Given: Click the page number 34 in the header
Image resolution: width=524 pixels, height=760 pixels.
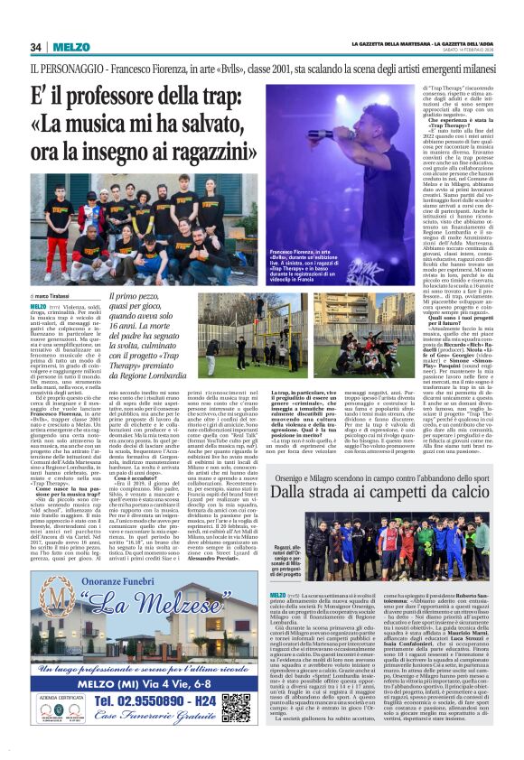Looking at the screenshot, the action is click(x=36, y=47).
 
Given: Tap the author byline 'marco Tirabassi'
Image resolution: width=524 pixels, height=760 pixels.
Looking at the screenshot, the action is click(x=55, y=295).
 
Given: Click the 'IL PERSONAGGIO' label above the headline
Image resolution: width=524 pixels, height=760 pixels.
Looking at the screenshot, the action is click(x=64, y=69).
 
